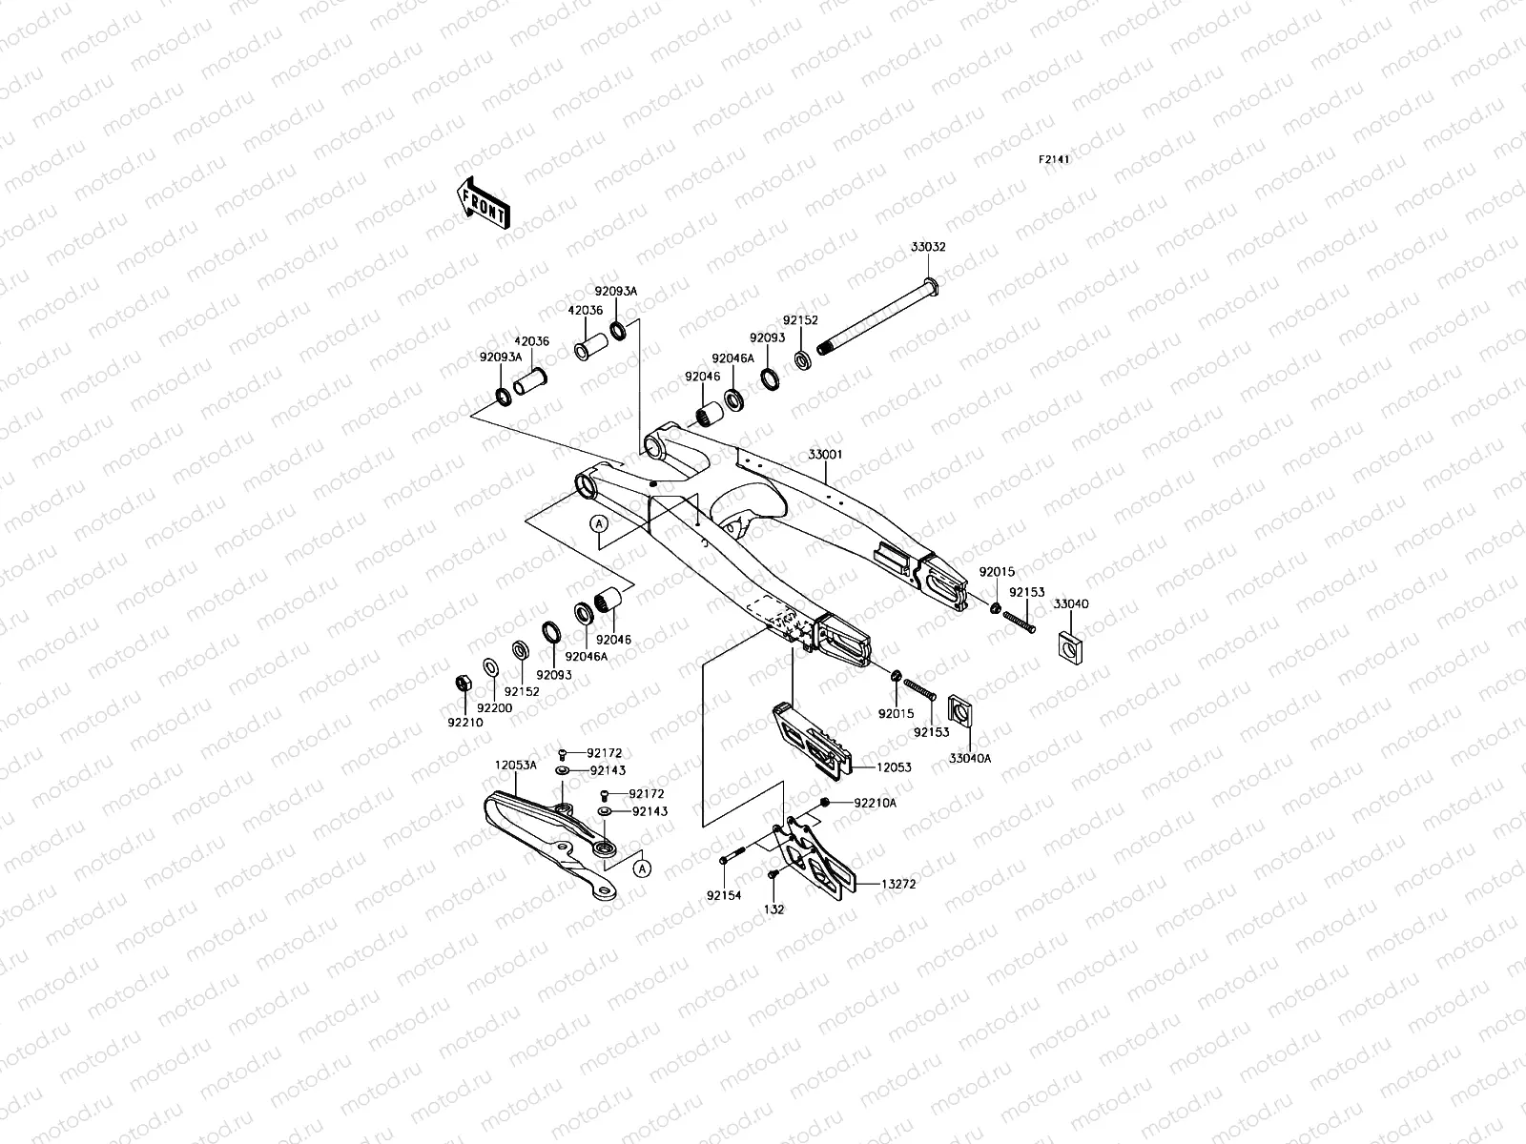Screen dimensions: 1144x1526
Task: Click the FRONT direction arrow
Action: pyautogui.click(x=484, y=203)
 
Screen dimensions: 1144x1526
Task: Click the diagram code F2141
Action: pyautogui.click(x=1054, y=160)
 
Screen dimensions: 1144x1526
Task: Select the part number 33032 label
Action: pyautogui.click(x=927, y=247)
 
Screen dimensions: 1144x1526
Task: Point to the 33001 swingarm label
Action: pyautogui.click(x=826, y=457)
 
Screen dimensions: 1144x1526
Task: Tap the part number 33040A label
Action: pyautogui.click(x=970, y=758)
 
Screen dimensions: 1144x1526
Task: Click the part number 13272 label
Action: pyautogui.click(x=898, y=885)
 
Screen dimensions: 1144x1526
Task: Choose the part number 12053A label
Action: pyautogui.click(x=515, y=765)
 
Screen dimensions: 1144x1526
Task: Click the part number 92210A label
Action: pyautogui.click(x=875, y=803)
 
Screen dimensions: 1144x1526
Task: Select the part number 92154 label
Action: pyautogui.click(x=723, y=895)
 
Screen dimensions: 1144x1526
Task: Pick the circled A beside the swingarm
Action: pyautogui.click(x=599, y=523)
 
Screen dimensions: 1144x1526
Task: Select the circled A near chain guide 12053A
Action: pyautogui.click(x=643, y=868)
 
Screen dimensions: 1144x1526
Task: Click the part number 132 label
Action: pyautogui.click(x=774, y=909)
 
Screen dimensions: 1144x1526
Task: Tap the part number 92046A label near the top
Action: pyautogui.click(x=732, y=357)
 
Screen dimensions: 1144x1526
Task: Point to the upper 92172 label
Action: pyautogui.click(x=604, y=753)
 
